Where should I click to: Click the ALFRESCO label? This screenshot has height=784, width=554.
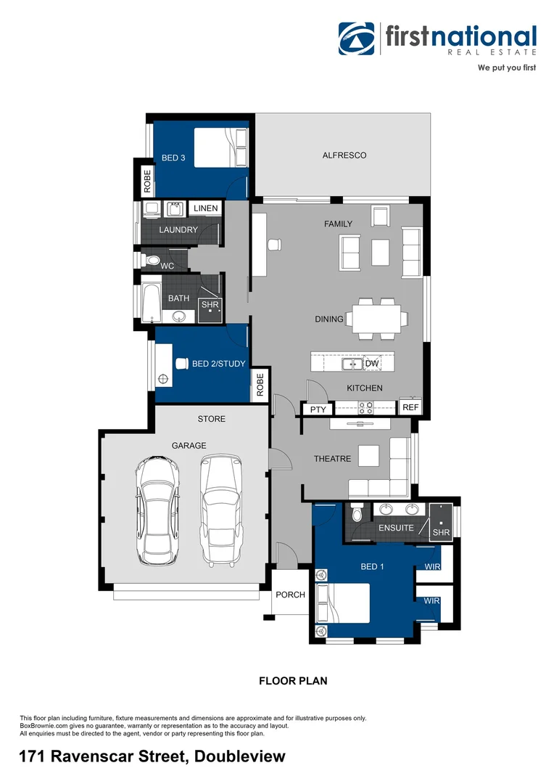tap(344, 155)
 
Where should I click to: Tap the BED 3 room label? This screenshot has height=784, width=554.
tap(173, 158)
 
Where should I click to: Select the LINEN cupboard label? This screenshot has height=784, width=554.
tap(205, 208)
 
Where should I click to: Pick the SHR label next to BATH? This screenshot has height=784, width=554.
tap(210, 305)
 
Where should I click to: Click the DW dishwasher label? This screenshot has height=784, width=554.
tap(372, 363)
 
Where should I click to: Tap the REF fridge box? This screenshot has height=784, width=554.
tap(410, 408)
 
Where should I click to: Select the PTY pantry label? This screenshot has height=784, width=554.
tap(318, 410)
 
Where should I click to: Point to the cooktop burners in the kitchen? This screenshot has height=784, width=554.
tap(365, 408)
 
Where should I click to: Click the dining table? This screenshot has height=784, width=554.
tap(376, 319)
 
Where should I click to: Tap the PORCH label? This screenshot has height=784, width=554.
tap(290, 595)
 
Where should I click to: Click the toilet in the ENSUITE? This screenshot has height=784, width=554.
tap(356, 513)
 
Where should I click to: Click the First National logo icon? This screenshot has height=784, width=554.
tap(357, 38)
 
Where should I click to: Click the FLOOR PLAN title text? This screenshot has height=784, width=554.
tap(293, 681)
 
